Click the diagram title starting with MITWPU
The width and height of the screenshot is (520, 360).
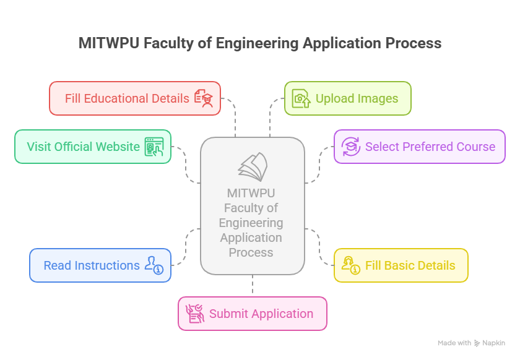260,43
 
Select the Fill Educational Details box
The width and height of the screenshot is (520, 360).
135,98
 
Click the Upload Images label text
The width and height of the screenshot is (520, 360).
357,98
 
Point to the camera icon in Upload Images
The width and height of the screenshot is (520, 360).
301,98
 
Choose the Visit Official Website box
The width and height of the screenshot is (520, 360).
93,147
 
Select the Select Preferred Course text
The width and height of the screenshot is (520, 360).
430,147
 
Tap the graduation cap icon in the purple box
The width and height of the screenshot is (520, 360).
351,147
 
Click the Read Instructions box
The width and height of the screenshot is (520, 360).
100,265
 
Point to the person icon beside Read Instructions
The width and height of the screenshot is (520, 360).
154,265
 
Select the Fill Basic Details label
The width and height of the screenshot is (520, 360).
410,265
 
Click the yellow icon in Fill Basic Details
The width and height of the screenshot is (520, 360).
351,265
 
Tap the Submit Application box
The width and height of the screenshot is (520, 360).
253,314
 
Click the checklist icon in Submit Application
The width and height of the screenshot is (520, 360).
195,314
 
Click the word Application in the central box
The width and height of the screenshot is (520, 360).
251,238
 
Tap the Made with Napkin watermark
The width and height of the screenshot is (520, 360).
471,343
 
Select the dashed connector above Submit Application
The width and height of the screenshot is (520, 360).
253,285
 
